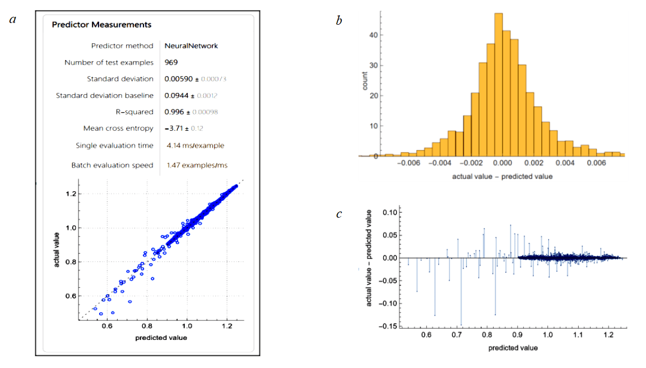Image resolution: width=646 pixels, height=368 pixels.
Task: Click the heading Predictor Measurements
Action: point(101,25)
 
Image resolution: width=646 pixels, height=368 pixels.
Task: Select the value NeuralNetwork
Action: point(191,45)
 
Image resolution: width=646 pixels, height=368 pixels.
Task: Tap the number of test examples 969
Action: point(171,62)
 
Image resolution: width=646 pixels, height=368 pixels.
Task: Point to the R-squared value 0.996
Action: point(174,112)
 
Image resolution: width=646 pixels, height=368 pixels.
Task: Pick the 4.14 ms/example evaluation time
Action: point(195,145)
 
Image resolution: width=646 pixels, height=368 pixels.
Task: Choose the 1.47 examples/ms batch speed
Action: point(197,165)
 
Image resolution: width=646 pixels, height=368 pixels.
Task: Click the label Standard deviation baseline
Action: point(104,95)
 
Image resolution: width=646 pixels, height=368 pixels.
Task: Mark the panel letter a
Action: point(13,20)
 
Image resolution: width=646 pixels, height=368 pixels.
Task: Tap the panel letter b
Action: point(339,21)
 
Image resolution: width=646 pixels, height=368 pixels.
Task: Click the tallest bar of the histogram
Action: point(499,84)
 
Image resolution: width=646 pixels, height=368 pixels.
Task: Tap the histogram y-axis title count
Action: point(365,81)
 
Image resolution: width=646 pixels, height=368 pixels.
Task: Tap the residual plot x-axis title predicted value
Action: point(513,348)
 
